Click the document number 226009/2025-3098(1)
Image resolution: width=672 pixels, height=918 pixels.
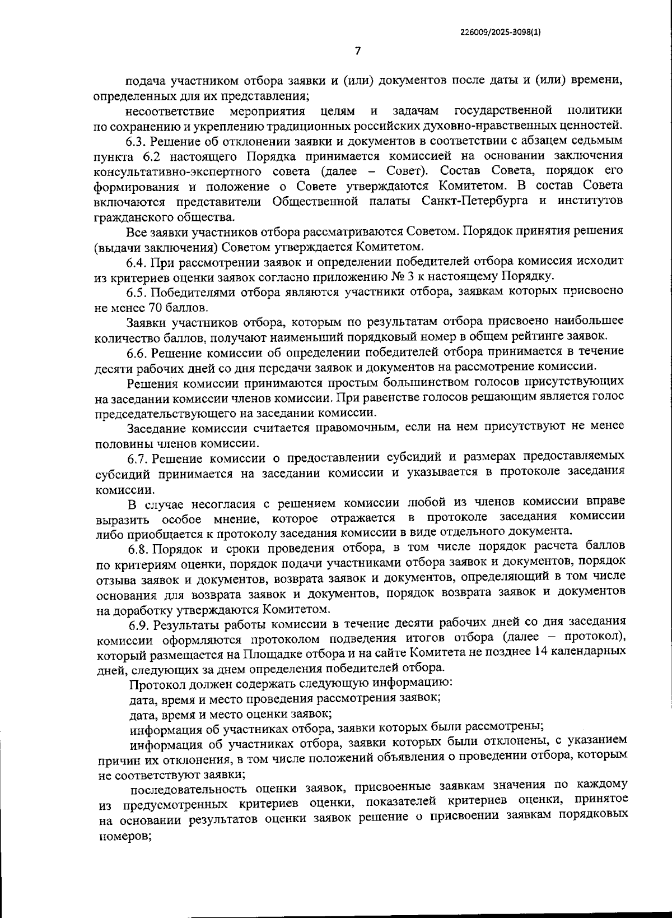[500, 33]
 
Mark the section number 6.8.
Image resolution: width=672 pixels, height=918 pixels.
[138, 548]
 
